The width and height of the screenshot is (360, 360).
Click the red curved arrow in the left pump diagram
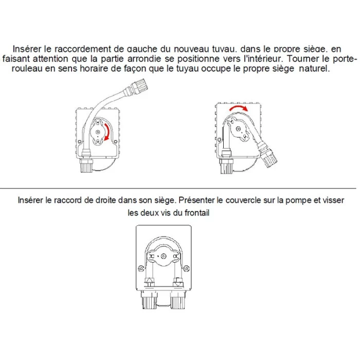click(x=107, y=132)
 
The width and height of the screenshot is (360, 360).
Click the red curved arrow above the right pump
click(x=239, y=107)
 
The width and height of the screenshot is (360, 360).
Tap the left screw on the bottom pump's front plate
click(x=141, y=268)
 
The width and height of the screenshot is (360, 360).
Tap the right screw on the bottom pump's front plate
click(x=186, y=268)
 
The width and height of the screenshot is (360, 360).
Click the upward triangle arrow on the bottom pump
click(x=149, y=280)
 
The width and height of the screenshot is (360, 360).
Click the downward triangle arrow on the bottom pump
click(x=177, y=283)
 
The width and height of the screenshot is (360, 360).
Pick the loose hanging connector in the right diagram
click(x=267, y=154)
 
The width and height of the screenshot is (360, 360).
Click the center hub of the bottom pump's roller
click(x=164, y=256)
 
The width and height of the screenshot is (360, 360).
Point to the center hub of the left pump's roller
click(x=98, y=132)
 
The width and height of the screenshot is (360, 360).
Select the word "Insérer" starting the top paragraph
click(x=27, y=49)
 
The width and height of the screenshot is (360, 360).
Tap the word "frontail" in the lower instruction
click(x=197, y=213)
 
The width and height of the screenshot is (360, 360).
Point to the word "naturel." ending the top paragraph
click(x=314, y=68)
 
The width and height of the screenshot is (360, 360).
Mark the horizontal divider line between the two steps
click(x=178, y=188)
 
